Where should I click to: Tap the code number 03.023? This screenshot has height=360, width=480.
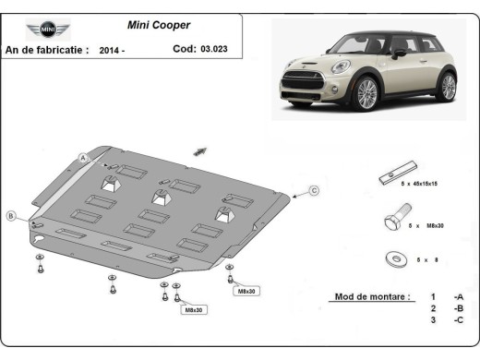[x=213, y=50]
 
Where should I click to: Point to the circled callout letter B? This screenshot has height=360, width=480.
[x=11, y=216]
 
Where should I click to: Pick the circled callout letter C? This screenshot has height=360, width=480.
[x=313, y=190]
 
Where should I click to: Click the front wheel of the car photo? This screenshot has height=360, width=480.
[x=366, y=94]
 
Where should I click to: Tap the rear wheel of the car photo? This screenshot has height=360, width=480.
[x=447, y=86]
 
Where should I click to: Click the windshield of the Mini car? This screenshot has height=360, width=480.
[x=353, y=44]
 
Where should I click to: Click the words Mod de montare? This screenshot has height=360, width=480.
[x=367, y=298]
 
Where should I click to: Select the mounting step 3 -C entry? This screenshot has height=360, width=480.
[x=445, y=319]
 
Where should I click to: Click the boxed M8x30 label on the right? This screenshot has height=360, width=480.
[x=248, y=291]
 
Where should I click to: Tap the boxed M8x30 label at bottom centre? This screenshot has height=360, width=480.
[x=192, y=309]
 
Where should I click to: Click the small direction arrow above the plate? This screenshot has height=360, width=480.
[x=200, y=150]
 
